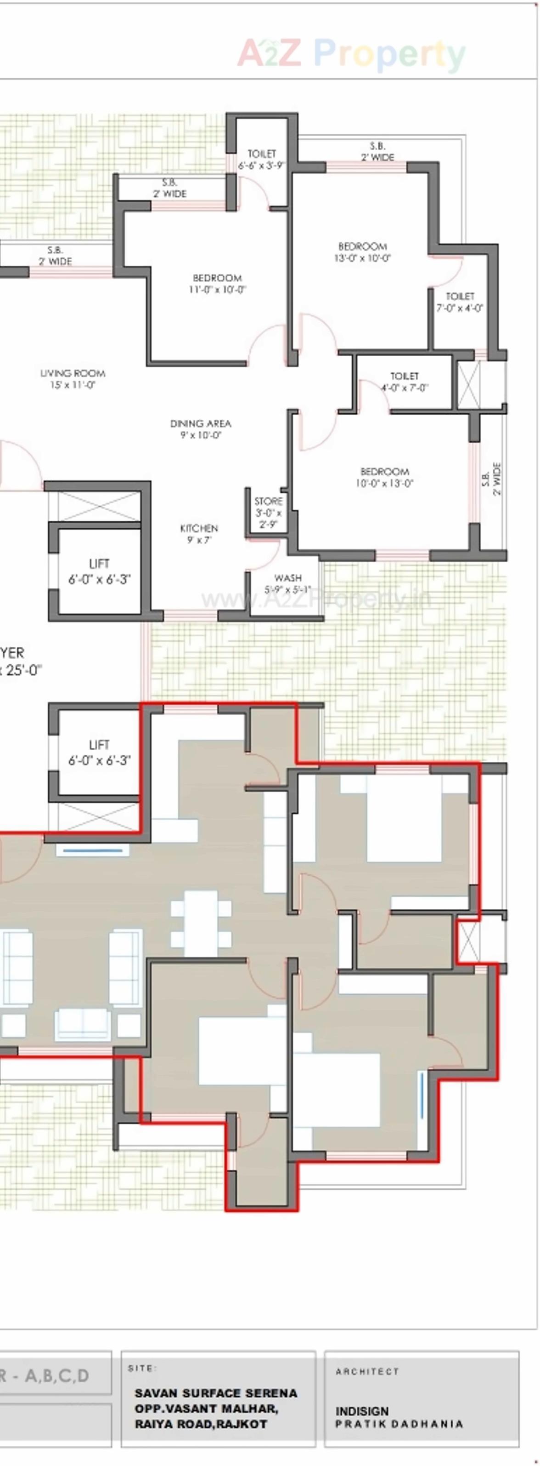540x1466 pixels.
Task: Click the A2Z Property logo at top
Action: tap(351, 54)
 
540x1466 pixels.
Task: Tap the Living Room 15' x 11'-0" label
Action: tap(73, 379)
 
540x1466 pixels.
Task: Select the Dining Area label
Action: tap(201, 429)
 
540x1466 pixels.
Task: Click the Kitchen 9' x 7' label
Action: tap(199, 534)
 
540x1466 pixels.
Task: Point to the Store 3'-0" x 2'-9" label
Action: tap(268, 512)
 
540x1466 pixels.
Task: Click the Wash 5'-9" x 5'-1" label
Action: tap(287, 584)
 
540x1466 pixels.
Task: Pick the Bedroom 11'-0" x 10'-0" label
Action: tap(218, 284)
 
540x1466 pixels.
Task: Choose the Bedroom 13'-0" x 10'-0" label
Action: tap(363, 252)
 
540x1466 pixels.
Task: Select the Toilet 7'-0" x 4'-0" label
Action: tap(460, 302)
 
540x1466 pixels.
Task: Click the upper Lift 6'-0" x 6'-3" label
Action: tap(100, 571)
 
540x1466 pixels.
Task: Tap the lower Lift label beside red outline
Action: tap(100, 752)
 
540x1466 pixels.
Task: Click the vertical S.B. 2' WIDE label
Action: tap(492, 479)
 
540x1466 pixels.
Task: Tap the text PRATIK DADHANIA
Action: tap(399, 1424)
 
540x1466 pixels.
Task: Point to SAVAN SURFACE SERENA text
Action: tap(216, 1393)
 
